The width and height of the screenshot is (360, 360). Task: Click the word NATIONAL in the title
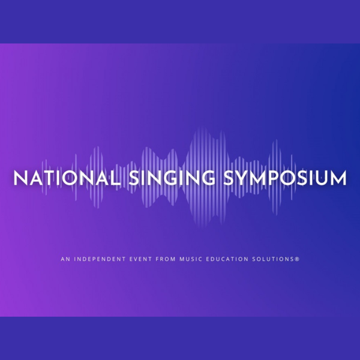tap(67, 178)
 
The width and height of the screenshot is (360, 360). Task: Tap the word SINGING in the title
tap(172, 178)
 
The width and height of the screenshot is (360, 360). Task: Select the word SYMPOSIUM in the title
tap(285, 178)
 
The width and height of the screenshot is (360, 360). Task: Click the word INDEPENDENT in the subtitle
tap(100, 259)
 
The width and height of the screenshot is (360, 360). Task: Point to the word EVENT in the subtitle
tap(140, 259)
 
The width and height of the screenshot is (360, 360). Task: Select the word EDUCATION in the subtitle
tap(227, 259)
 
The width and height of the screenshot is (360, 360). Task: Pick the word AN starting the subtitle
tap(65, 259)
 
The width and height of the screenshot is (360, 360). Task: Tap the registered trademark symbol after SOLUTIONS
tap(297, 259)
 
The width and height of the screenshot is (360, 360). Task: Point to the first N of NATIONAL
tap(20, 178)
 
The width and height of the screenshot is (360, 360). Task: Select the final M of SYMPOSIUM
tap(338, 178)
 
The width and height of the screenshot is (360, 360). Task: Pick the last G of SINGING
tap(208, 178)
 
